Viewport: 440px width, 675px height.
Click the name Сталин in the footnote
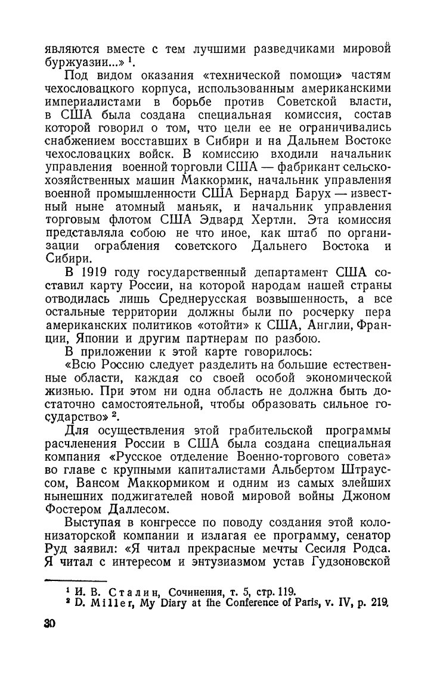130,592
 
